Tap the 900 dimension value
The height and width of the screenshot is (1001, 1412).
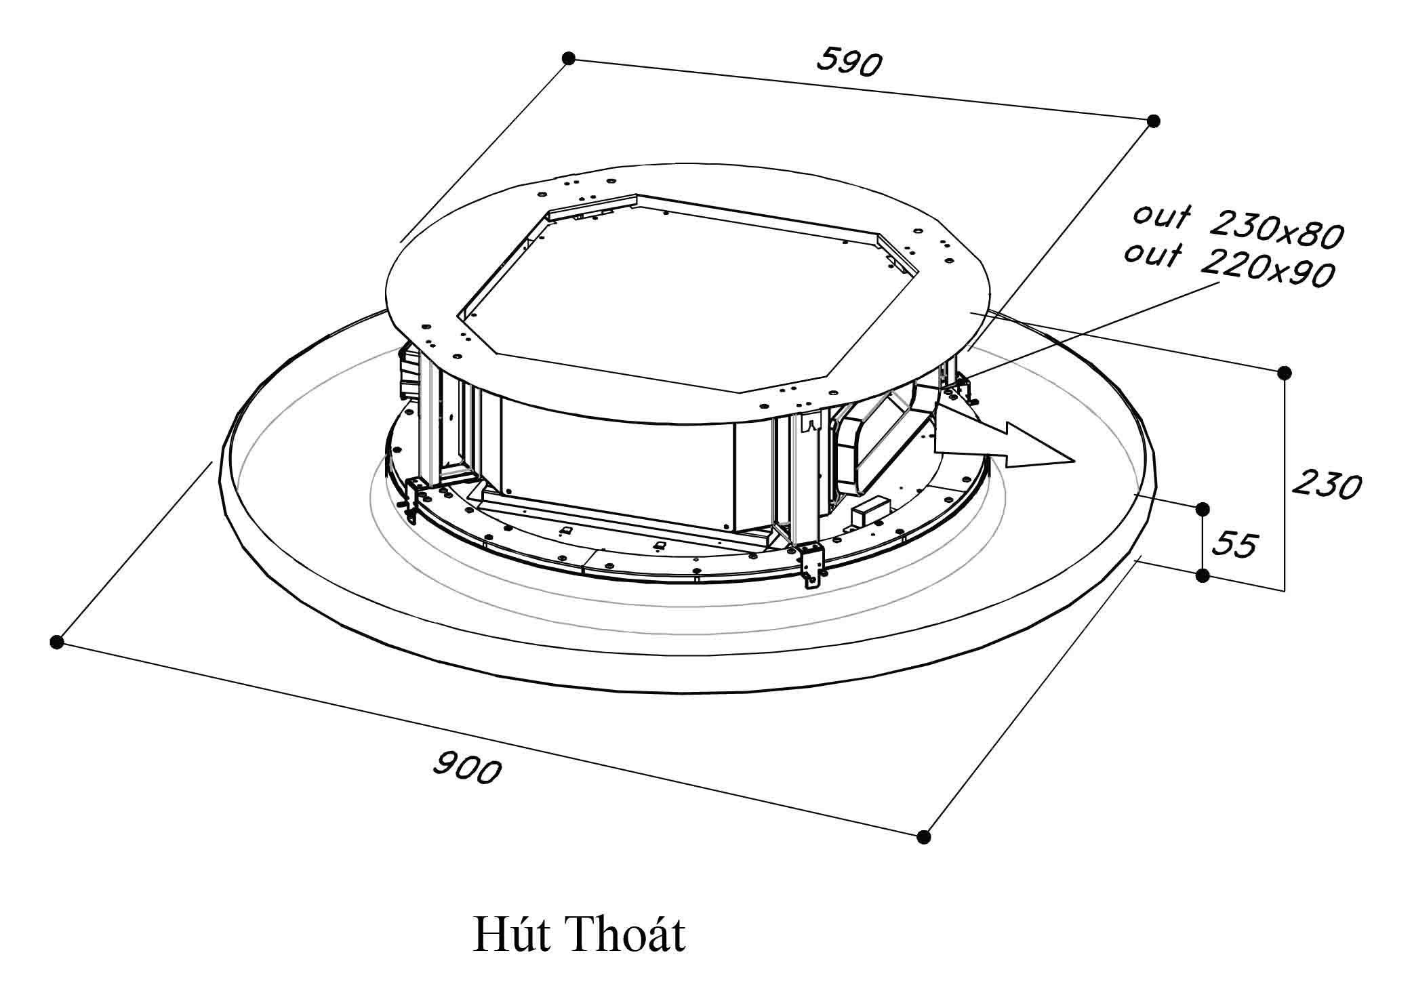[467, 768]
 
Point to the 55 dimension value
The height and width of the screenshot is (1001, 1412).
[1234, 544]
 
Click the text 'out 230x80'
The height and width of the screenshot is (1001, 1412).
[1238, 226]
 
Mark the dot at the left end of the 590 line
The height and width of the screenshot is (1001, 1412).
[569, 59]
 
